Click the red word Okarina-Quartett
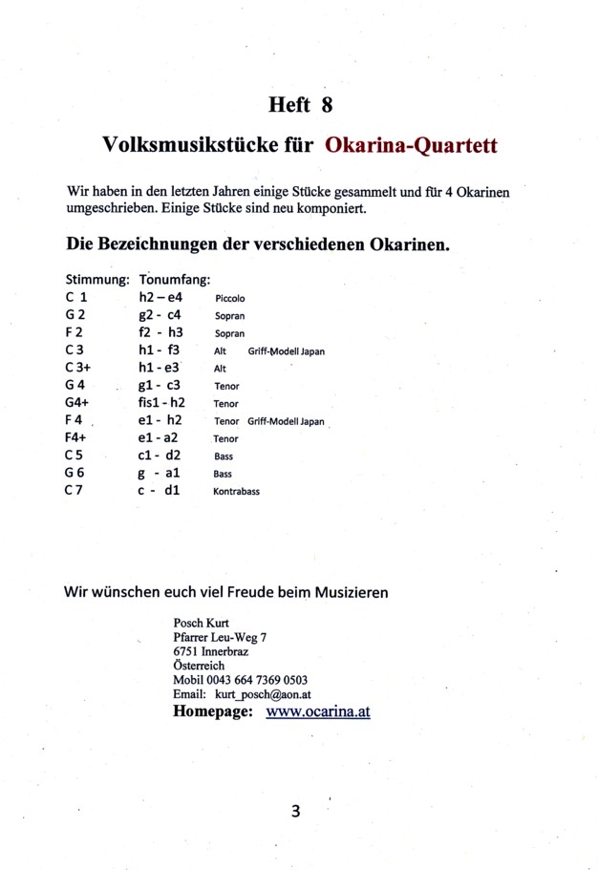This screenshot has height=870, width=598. pyautogui.click(x=412, y=146)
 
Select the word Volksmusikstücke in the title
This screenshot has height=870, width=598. pyautogui.click(x=186, y=146)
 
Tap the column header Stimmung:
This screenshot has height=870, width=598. pyautogui.click(x=96, y=281)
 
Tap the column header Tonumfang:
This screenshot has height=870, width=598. pyautogui.click(x=174, y=281)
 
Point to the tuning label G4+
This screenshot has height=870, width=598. pyautogui.click(x=79, y=403)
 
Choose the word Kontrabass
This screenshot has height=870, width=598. pyautogui.click(x=237, y=492)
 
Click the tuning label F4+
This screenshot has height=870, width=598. pyautogui.click(x=78, y=438)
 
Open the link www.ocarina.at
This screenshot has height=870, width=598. pyautogui.click(x=318, y=712)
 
